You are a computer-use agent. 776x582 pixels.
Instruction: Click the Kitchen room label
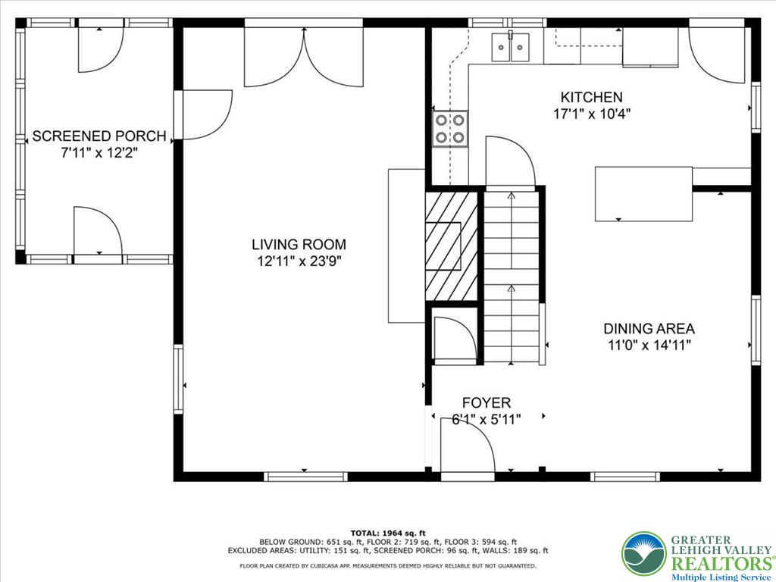591,97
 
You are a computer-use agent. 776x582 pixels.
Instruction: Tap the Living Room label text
299,245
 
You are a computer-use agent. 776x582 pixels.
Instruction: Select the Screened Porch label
99,136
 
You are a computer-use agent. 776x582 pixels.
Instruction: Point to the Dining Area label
649,329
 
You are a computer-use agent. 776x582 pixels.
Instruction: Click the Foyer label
487,403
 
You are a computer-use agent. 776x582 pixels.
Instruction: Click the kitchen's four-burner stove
449,128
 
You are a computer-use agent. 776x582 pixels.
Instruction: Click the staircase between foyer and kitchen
513,273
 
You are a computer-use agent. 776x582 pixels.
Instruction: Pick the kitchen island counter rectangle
643,194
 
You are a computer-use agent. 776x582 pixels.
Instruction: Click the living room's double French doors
305,58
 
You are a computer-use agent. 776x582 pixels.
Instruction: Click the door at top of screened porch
101,48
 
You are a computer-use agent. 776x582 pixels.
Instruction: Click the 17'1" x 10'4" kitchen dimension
592,114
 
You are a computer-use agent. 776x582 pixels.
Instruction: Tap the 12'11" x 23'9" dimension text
299,261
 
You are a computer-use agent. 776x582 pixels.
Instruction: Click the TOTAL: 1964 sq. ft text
388,533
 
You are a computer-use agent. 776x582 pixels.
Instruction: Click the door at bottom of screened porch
97,232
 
